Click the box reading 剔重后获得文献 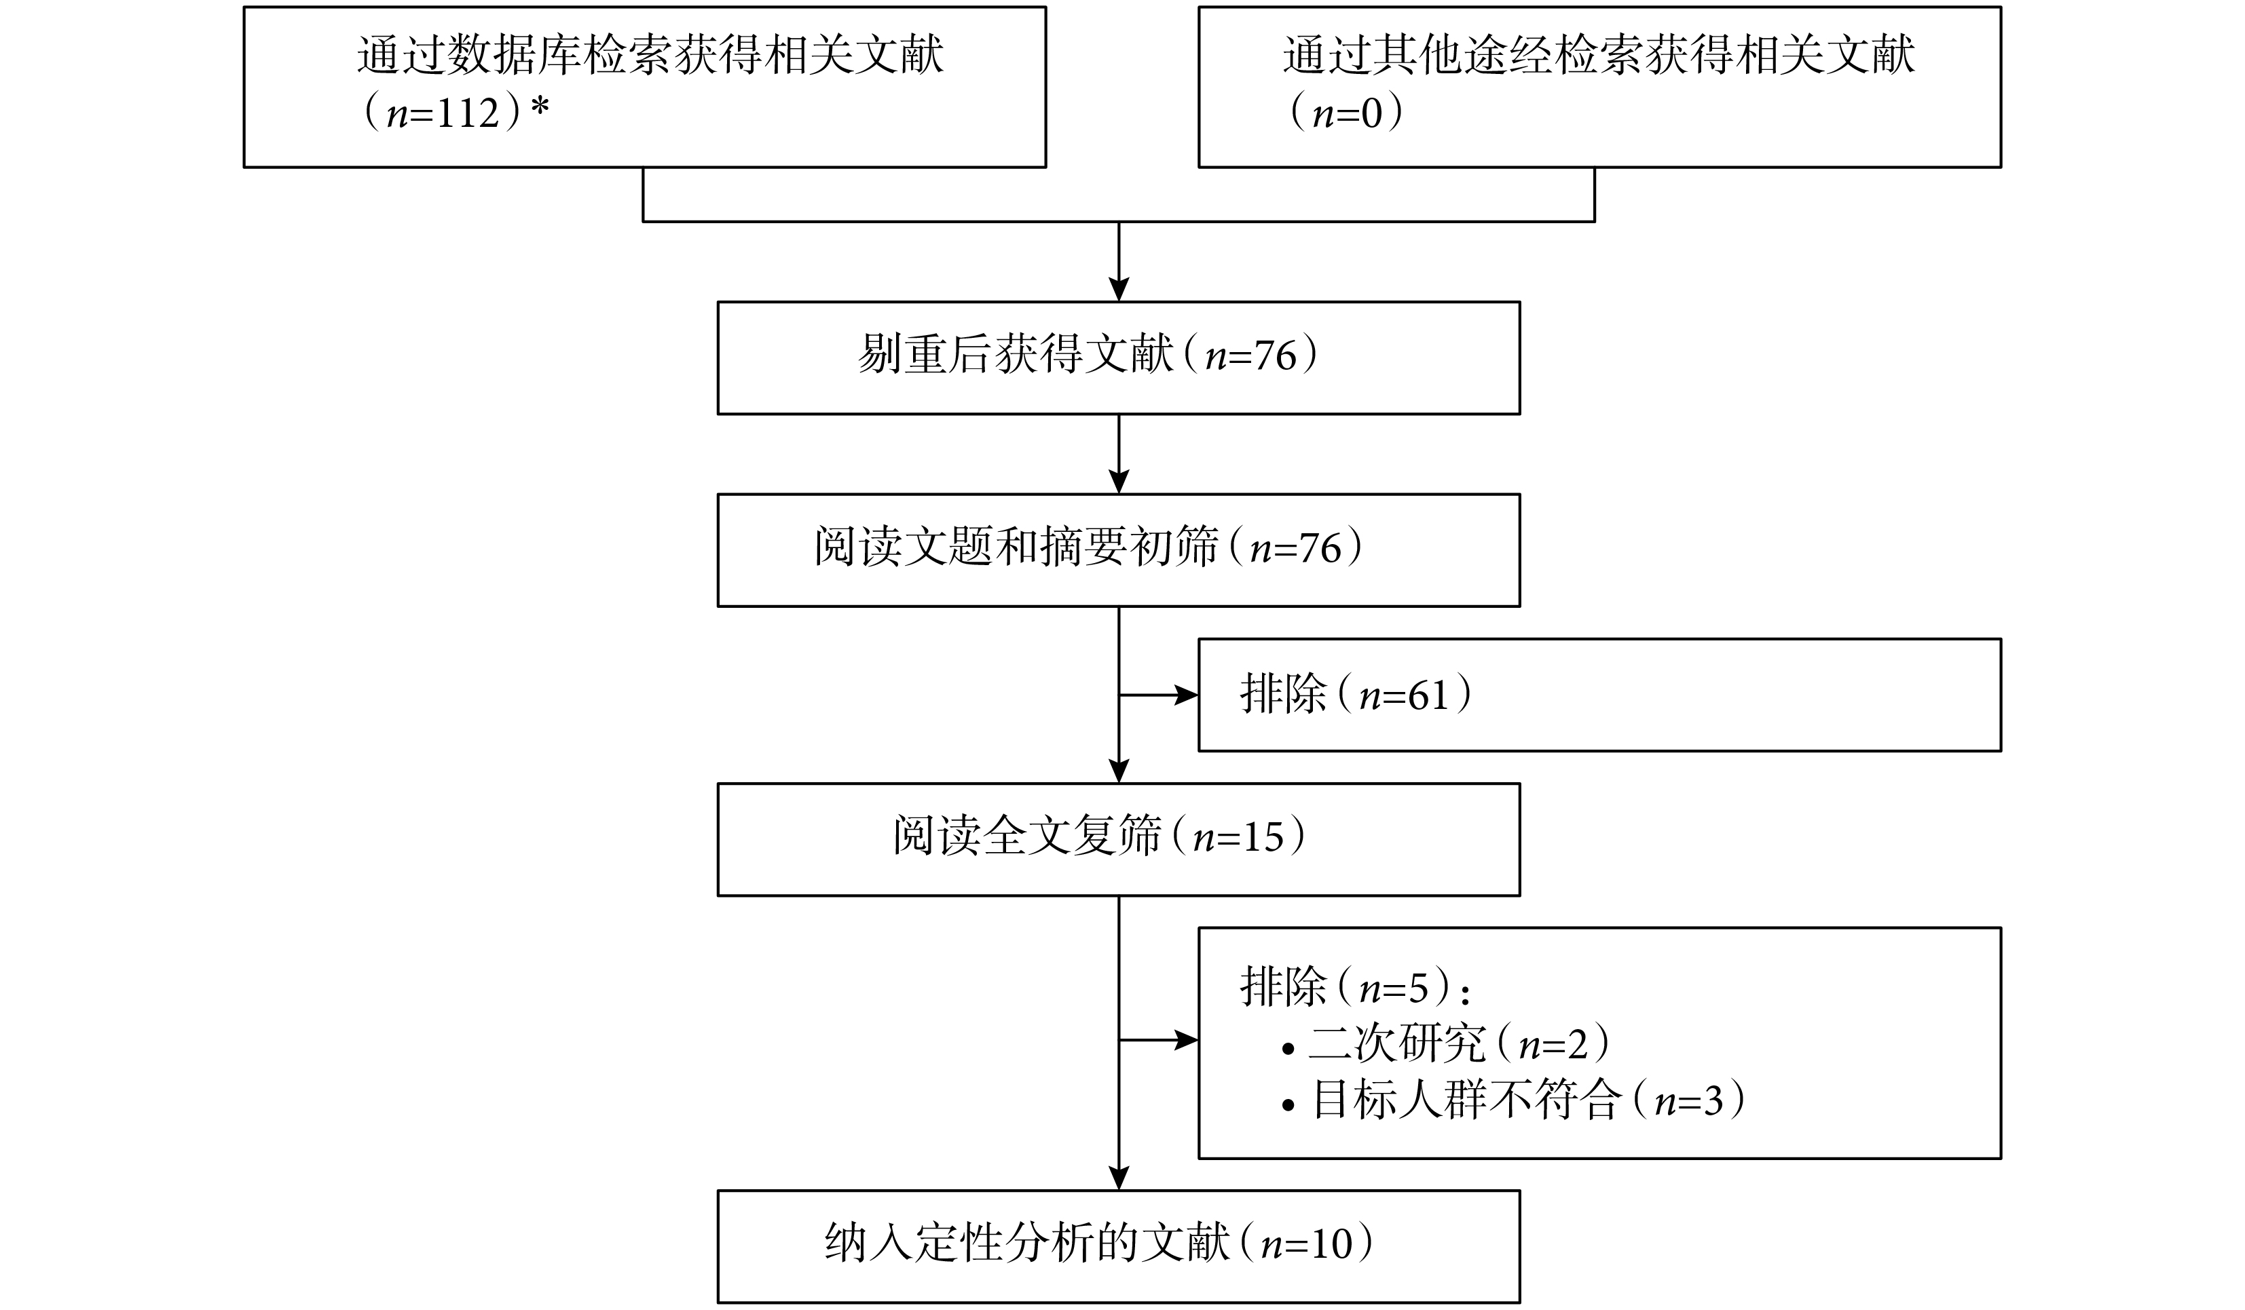click(1118, 358)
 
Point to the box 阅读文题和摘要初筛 click(1118, 550)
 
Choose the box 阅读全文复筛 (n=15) click(1118, 839)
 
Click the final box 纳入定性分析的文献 click(1118, 1246)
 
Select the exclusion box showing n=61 click(1600, 695)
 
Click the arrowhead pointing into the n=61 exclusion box click(1187, 695)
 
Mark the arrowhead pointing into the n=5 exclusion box click(1187, 1039)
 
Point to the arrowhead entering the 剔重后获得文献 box click(1119, 290)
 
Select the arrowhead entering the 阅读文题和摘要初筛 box click(1119, 482)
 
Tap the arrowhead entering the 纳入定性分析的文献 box click(1119, 1178)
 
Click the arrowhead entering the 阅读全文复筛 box click(1119, 771)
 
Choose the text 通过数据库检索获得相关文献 click(650, 55)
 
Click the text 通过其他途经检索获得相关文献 click(1599, 55)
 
